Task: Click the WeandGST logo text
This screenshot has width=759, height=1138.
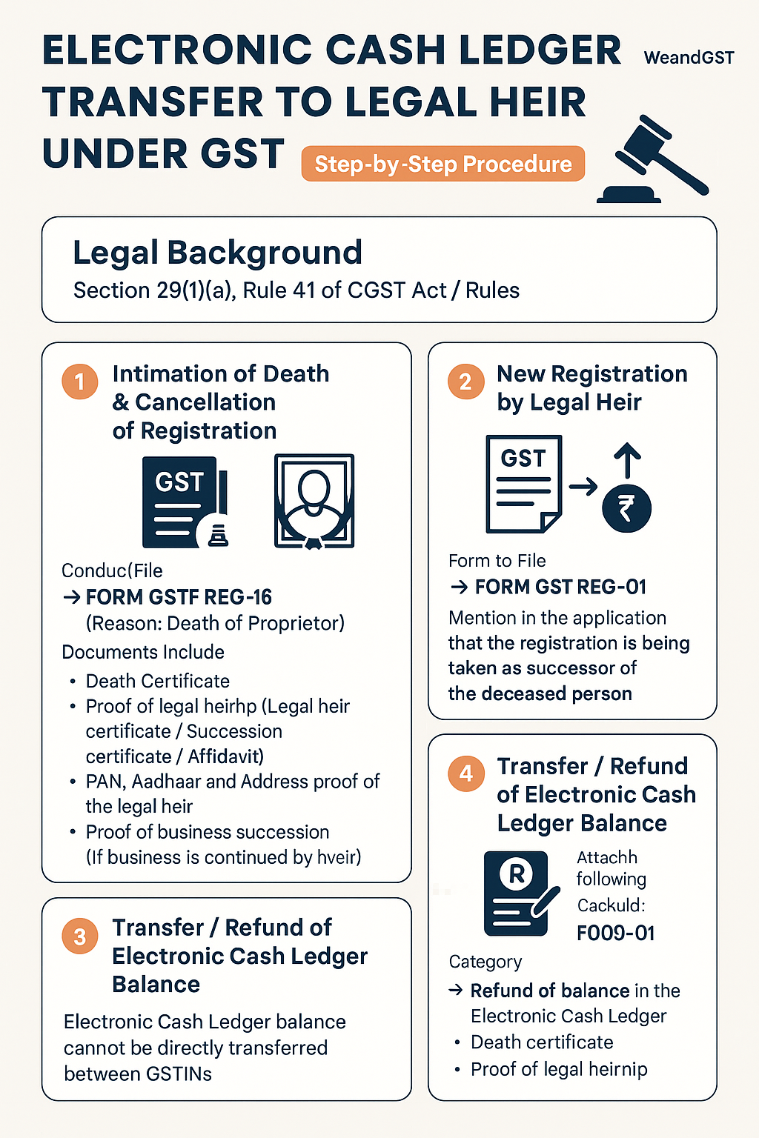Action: pyautogui.click(x=689, y=58)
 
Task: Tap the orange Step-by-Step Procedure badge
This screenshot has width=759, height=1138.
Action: pyautogui.click(x=443, y=164)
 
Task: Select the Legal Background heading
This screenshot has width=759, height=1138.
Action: pyautogui.click(x=217, y=253)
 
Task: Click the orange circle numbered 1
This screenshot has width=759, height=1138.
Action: pyautogui.click(x=79, y=382)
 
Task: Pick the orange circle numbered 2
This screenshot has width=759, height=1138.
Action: pyautogui.click(x=465, y=382)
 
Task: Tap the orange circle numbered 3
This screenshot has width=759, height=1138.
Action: pyautogui.click(x=79, y=936)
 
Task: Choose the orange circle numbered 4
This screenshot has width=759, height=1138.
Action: pyautogui.click(x=465, y=773)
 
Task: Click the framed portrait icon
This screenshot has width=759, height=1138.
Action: pyautogui.click(x=314, y=501)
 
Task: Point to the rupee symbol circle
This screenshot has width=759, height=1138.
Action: pyautogui.click(x=626, y=509)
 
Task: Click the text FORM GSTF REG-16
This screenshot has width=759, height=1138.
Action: pyautogui.click(x=179, y=597)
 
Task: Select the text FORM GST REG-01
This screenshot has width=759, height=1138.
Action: pyautogui.click(x=560, y=587)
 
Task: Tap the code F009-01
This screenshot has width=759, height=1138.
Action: pyautogui.click(x=615, y=933)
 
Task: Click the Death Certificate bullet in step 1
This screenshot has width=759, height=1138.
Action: pyautogui.click(x=158, y=681)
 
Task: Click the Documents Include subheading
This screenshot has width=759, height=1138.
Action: pyautogui.click(x=143, y=652)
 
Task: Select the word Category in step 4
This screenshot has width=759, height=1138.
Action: pyautogui.click(x=485, y=962)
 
